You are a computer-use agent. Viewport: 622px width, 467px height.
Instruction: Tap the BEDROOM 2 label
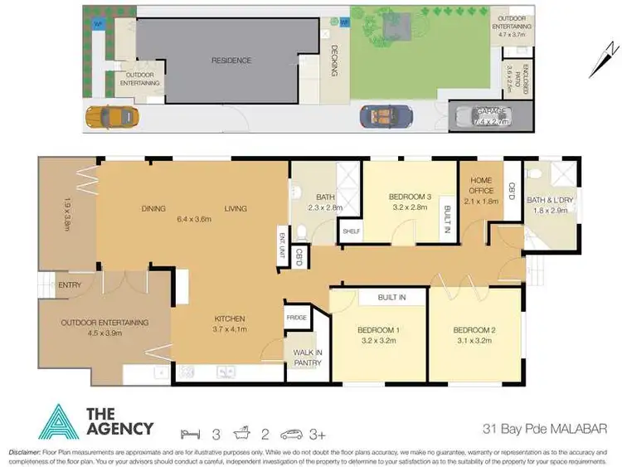pos(475,329)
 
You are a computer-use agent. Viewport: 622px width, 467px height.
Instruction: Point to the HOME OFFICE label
pos(481,185)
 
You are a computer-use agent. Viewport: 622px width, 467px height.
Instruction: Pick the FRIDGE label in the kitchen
pos(296,317)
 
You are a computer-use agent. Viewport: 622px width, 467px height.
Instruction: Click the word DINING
pos(153,208)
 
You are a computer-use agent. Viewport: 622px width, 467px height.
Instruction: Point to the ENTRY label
pos(69,286)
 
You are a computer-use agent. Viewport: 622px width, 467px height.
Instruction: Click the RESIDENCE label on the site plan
pos(231,61)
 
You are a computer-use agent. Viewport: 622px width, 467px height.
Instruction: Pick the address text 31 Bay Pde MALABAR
pos(547,428)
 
